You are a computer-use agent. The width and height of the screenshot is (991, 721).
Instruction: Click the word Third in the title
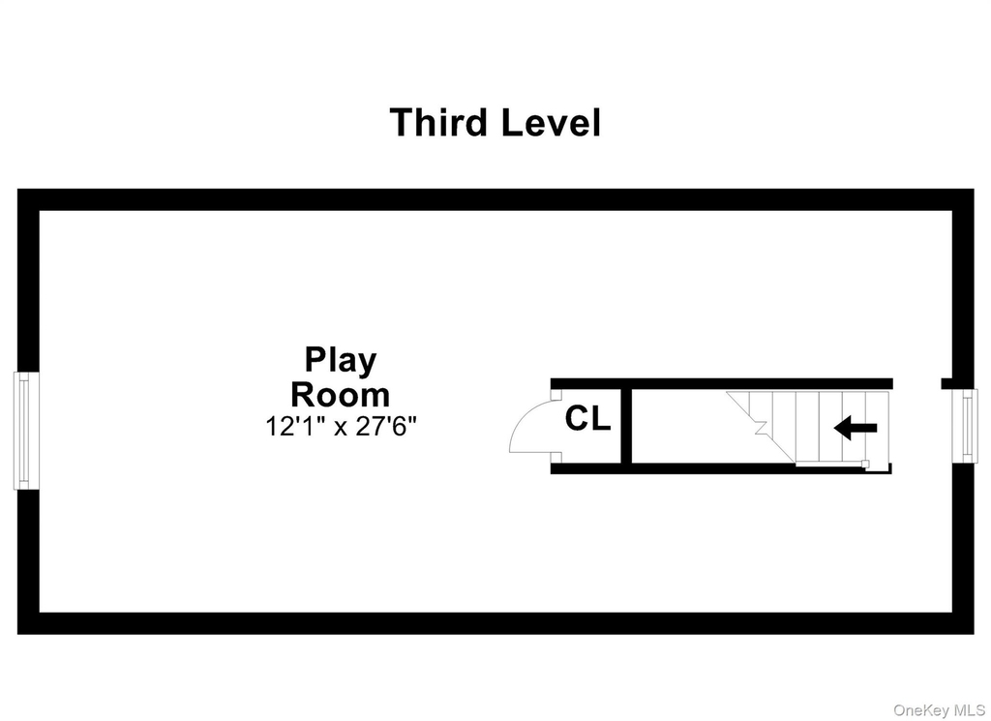point(439,122)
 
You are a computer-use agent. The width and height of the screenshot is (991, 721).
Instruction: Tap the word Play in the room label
point(341,361)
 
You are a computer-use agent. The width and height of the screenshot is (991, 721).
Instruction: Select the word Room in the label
point(340,395)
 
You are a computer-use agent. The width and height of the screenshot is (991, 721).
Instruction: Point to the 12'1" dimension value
point(296,427)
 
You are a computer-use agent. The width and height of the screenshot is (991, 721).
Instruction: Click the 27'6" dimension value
point(386,427)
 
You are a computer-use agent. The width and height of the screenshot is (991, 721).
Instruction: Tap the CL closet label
point(587,418)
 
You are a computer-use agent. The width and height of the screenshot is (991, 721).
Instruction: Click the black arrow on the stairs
point(856,428)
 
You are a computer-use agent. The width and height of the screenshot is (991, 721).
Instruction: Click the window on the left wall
point(26,431)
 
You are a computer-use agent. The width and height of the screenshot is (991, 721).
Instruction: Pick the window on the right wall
point(965,426)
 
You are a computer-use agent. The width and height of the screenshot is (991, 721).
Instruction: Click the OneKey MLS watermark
point(939,711)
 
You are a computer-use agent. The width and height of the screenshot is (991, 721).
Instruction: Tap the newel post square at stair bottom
point(866,465)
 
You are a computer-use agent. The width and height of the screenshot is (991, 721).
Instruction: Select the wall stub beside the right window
point(946,383)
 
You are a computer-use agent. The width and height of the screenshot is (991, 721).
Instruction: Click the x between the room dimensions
point(341,429)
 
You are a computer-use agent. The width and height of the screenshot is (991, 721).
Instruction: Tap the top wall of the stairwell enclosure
point(721,383)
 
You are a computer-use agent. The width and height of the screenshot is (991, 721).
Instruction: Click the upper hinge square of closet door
point(556,394)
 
